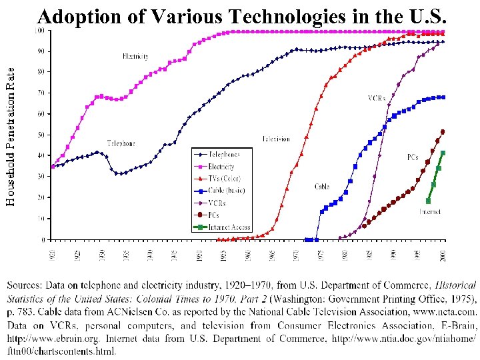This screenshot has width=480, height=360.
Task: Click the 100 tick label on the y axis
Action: pyautogui.click(x=40, y=31)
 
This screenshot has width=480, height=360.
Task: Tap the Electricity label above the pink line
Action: pyautogui.click(x=135, y=57)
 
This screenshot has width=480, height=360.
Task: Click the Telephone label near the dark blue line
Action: pyautogui.click(x=121, y=143)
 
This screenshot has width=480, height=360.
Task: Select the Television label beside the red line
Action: pyautogui.click(x=276, y=139)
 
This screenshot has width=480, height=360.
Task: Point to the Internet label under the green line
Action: pyautogui.click(x=429, y=212)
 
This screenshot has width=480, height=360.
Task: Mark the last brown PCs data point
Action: pyautogui.click(x=443, y=132)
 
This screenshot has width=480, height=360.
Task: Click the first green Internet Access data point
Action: pyautogui.click(x=428, y=201)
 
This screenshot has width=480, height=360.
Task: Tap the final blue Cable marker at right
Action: pyautogui.click(x=443, y=97)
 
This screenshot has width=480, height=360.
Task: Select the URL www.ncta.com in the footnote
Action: pyautogui.click(x=451, y=310)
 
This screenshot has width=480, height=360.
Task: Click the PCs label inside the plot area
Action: pyautogui.click(x=413, y=158)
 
